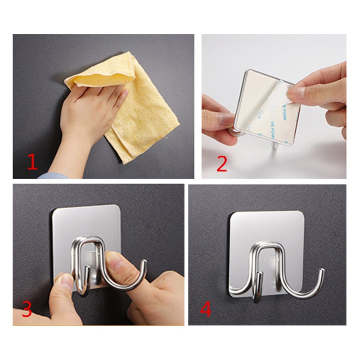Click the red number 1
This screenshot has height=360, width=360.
(32, 162)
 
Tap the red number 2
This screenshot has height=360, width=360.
(221, 163)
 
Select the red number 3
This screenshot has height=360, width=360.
(27, 309)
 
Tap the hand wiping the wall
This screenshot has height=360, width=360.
(85, 112)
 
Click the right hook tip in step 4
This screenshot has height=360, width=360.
(322, 271)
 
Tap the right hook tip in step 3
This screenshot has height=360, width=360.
(144, 262)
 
